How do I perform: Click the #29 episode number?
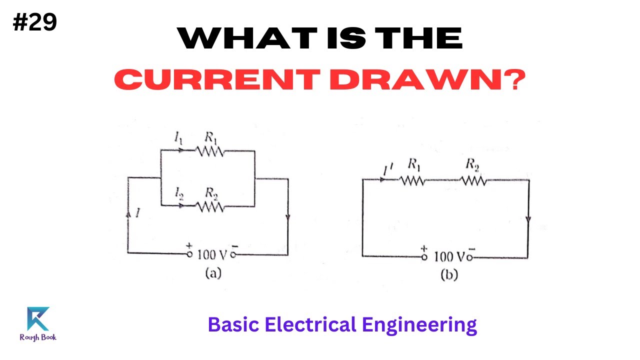pyautogui.click(x=35, y=22)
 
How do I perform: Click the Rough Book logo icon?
pyautogui.click(x=38, y=319)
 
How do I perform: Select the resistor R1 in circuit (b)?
pyautogui.click(x=412, y=180)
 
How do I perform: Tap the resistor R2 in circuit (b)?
pyautogui.click(x=473, y=180)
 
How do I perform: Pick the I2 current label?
pyautogui.click(x=178, y=192)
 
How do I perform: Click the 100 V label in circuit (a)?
pyautogui.click(x=212, y=254)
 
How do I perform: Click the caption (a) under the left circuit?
pyautogui.click(x=211, y=273)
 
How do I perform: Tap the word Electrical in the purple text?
pyautogui.click(x=310, y=325)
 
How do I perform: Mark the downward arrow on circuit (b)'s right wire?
pyautogui.click(x=528, y=220)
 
